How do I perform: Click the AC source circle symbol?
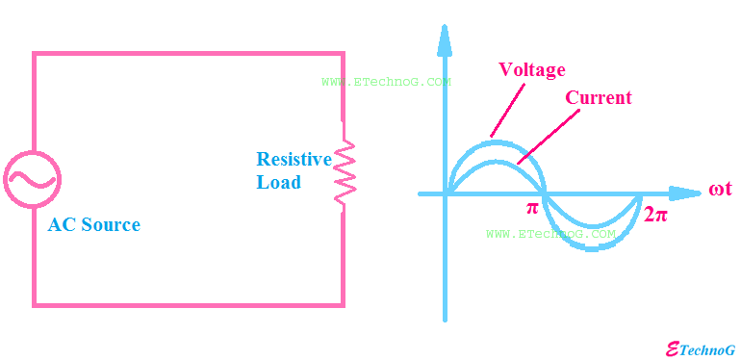(33, 178)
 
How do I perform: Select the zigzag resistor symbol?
(344, 171)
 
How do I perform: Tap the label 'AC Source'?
(94, 225)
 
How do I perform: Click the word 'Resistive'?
(294, 160)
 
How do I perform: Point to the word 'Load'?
(278, 182)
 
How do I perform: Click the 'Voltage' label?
(531, 70)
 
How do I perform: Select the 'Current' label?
(598, 98)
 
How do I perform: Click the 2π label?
(655, 215)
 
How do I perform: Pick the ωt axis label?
(720, 189)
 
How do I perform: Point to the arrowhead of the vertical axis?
(445, 39)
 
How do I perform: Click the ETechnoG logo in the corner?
(701, 350)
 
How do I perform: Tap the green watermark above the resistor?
(386, 82)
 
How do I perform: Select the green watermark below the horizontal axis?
(550, 234)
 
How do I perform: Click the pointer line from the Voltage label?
(508, 110)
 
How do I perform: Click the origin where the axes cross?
(445, 193)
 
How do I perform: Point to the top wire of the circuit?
(188, 53)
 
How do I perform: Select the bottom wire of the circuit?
(188, 305)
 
